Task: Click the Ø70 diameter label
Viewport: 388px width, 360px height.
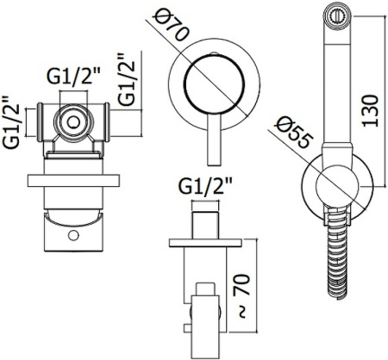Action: tap(171, 23)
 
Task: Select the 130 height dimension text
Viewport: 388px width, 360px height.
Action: tap(370, 110)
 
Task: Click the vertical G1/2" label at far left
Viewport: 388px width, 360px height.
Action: tap(10, 122)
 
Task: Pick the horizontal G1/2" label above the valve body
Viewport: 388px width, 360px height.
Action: tap(73, 76)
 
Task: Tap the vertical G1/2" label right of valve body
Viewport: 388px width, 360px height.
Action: tap(126, 78)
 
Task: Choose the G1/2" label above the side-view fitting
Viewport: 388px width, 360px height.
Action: tap(205, 187)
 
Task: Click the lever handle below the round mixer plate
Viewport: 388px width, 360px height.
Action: tap(214, 140)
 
